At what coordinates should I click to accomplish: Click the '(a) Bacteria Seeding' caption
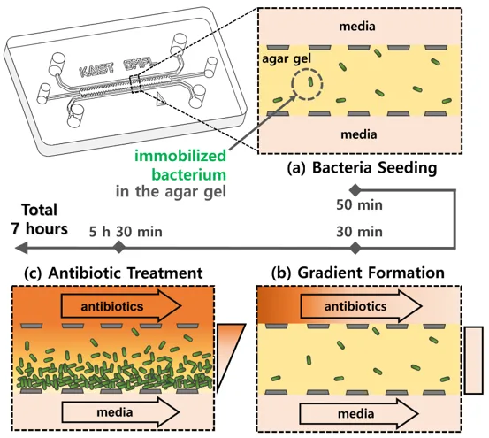click(362, 168)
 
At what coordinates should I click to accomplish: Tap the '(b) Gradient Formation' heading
click(358, 273)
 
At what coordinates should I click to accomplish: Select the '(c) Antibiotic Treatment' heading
click(113, 273)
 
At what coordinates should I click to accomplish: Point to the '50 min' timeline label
click(359, 205)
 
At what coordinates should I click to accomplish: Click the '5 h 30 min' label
click(126, 232)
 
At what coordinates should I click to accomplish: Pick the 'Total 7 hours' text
click(40, 219)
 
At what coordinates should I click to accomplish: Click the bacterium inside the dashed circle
click(310, 81)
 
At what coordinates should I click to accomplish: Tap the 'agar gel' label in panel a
click(287, 58)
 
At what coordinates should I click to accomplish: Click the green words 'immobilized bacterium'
click(180, 165)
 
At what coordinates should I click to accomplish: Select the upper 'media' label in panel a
click(357, 27)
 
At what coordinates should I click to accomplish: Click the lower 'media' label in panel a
click(359, 134)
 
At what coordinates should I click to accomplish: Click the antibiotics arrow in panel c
click(121, 306)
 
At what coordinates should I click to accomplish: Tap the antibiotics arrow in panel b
click(362, 306)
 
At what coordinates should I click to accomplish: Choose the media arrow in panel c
click(121, 412)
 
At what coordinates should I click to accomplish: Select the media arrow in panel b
click(359, 414)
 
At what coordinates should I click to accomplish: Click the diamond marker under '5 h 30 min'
click(118, 248)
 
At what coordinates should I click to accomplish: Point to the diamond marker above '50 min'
click(355, 189)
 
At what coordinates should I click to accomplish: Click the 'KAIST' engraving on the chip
click(96, 69)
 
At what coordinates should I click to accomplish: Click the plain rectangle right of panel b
click(474, 360)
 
